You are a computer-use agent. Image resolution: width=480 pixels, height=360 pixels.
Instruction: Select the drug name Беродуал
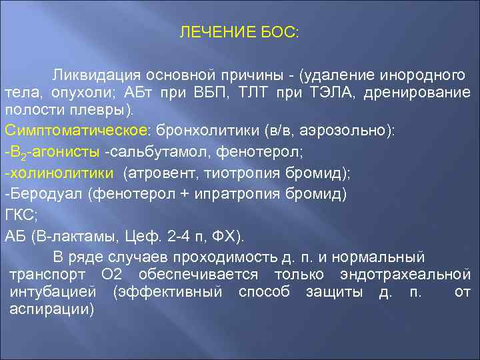point(41,195)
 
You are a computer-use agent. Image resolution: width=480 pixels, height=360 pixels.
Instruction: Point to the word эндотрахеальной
point(415,275)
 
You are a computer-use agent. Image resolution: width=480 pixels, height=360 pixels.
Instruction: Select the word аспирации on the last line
point(52,309)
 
